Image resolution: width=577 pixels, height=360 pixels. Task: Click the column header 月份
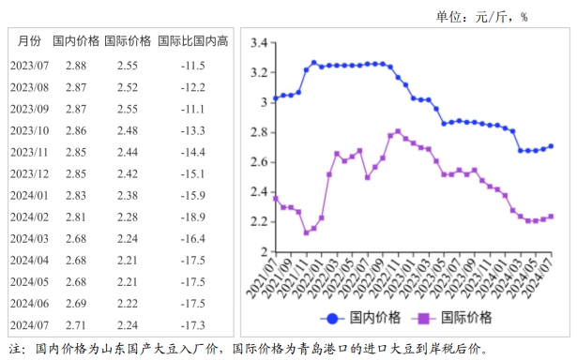coord(29,41)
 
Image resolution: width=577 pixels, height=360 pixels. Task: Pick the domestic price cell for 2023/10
coord(76,130)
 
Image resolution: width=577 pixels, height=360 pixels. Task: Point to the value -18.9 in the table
coord(193,217)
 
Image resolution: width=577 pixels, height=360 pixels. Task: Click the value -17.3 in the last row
coord(193,324)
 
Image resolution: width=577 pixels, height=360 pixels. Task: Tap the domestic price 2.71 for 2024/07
coord(76,324)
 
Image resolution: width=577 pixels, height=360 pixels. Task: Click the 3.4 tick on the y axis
coord(260,42)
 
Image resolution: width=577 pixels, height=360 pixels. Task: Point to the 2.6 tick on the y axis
coord(260,162)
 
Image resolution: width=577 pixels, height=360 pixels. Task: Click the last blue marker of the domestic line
coord(551,146)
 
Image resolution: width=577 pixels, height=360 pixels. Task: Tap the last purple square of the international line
coord(551,217)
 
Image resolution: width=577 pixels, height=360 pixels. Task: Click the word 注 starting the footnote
coord(15,349)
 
